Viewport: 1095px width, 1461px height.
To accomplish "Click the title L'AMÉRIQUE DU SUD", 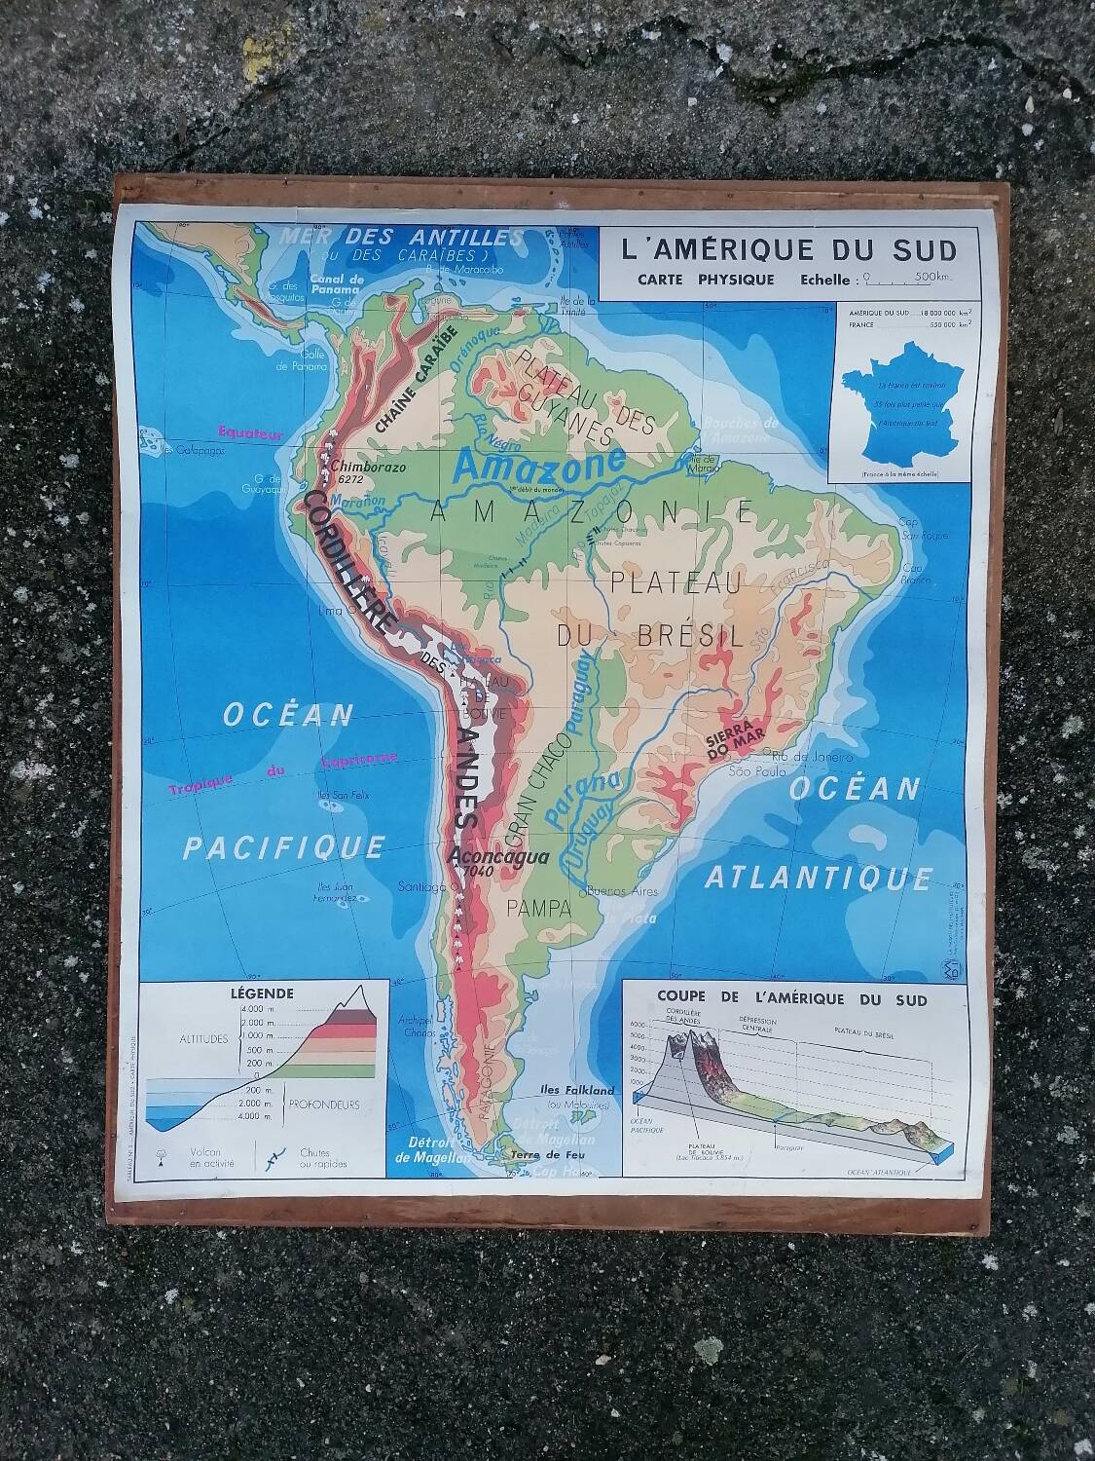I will click(788, 250).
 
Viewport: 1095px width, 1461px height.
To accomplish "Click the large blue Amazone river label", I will click(539, 465).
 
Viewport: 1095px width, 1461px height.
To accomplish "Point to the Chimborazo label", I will click(373, 467).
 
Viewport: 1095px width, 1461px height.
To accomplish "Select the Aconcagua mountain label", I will click(498, 857).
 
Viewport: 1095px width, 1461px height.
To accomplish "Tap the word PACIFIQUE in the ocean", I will click(283, 847).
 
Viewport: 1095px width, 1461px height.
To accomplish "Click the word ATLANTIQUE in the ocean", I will click(818, 879).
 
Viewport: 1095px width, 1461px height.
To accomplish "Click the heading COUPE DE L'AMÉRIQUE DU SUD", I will click(791, 998).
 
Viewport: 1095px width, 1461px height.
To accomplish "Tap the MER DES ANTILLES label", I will click(401, 237).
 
